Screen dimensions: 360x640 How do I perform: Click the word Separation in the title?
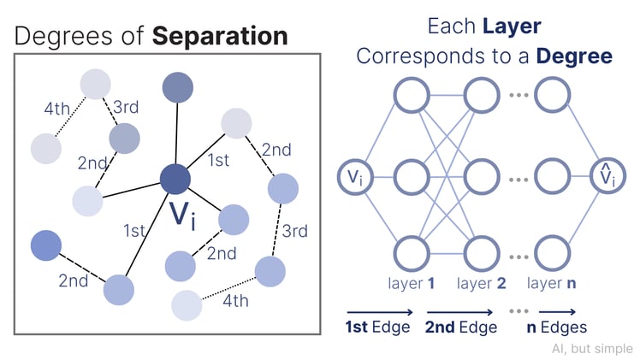(x=221, y=36)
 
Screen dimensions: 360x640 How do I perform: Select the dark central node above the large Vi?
(x=175, y=180)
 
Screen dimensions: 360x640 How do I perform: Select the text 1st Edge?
(x=378, y=328)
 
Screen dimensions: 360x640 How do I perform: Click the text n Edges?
(x=556, y=328)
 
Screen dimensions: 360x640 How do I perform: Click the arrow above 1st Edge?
(x=380, y=312)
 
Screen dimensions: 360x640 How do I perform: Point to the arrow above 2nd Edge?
(x=460, y=312)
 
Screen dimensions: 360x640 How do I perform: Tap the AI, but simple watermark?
(x=592, y=348)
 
